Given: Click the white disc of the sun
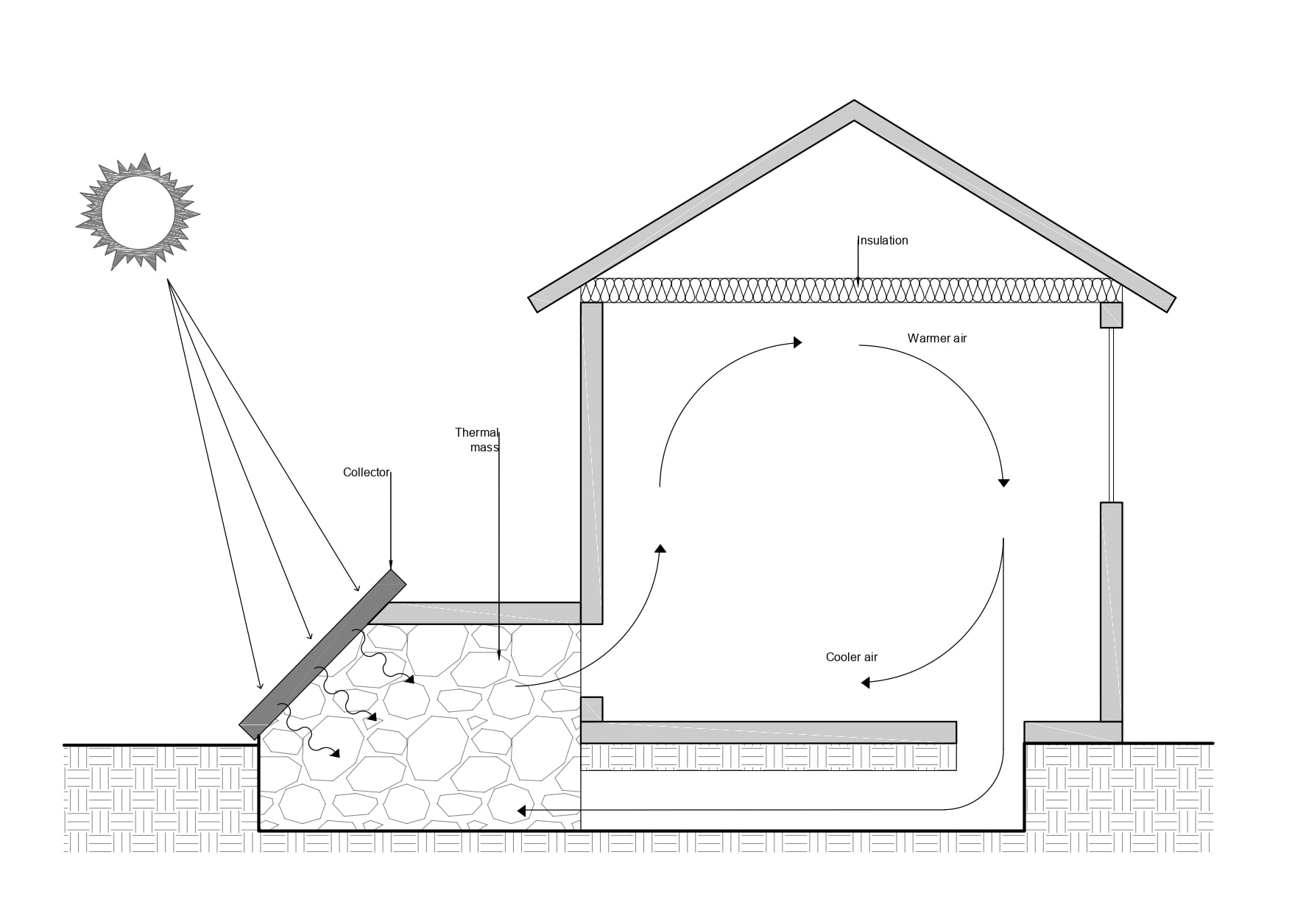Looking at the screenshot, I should click(138, 214).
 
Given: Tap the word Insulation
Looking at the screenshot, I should click(883, 241).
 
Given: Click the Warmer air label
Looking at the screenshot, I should click(936, 339).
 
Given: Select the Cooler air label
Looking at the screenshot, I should click(851, 658).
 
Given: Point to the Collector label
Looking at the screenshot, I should click(365, 473).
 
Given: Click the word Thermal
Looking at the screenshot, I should click(476, 433).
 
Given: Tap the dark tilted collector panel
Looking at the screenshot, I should click(322, 655).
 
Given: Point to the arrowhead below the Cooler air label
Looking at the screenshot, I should click(866, 683).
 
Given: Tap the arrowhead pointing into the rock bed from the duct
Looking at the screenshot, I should click(521, 811).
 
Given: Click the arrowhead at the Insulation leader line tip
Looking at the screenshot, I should click(858, 281).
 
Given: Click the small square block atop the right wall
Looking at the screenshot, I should click(1111, 315).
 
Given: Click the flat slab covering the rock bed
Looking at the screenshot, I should click(482, 613).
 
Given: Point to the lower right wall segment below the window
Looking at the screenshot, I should click(1111, 611).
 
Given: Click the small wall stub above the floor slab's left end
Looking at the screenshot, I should click(591, 709).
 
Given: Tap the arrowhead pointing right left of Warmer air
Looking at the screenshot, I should click(797, 342).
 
